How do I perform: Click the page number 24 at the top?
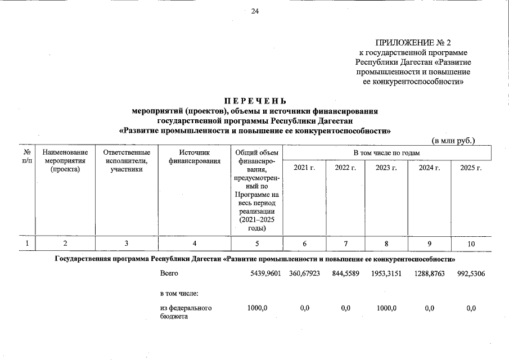coord(254,11)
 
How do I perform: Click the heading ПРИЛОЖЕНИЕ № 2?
coord(413,43)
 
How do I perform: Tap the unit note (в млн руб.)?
coord(453,140)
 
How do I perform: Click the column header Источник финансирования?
coord(194,157)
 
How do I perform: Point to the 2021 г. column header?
coord(304,168)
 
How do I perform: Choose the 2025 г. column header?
coord(471,168)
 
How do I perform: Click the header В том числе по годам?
coord(386,152)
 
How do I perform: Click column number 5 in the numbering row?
coord(256,244)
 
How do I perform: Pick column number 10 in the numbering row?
coord(471,244)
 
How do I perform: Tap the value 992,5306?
coord(472,274)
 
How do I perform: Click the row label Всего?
coord(169,274)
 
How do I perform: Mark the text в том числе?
coord(180,292)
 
